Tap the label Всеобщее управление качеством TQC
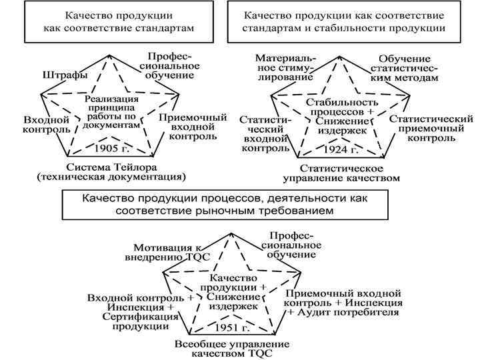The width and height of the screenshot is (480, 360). (x=231, y=348)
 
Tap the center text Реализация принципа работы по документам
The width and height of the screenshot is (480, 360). (x=112, y=111)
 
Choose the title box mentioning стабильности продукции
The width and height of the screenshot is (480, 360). (x=345, y=21)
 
